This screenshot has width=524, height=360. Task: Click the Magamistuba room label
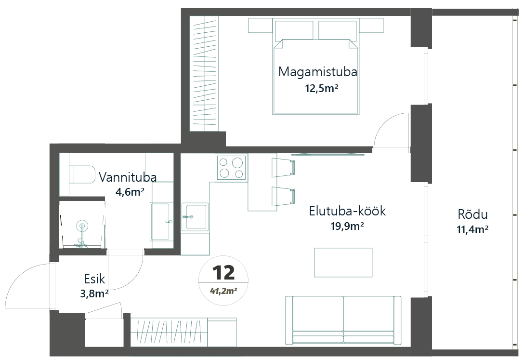(x=317, y=72)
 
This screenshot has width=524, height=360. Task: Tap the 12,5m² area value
(x=320, y=89)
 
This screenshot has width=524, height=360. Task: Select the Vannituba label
(x=128, y=177)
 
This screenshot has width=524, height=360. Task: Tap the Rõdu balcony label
(x=473, y=214)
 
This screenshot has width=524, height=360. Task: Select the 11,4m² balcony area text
(x=472, y=230)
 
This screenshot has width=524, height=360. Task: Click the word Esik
(x=94, y=278)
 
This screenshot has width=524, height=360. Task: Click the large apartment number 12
(x=223, y=273)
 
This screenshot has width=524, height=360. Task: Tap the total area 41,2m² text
(x=223, y=290)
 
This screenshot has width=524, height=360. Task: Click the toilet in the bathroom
(x=82, y=174)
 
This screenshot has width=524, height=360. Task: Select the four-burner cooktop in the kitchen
(x=232, y=168)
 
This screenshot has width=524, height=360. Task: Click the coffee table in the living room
(x=343, y=263)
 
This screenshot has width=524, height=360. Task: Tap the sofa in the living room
(x=343, y=320)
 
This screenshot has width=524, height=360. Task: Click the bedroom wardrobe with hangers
(x=205, y=73)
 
